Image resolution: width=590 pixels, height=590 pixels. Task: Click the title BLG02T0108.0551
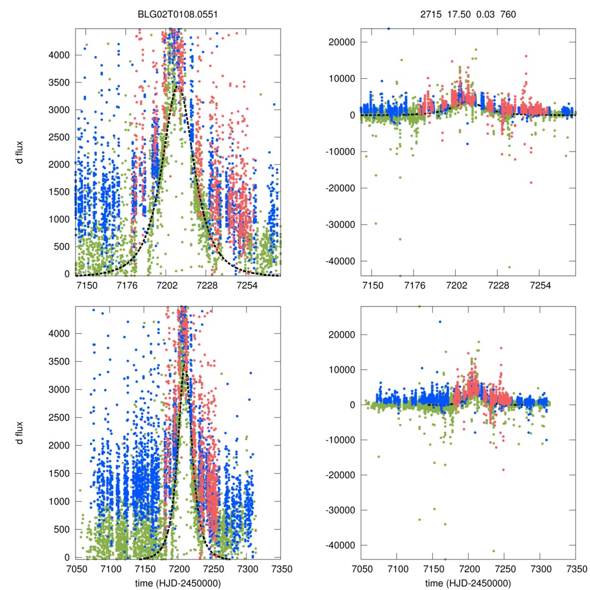click(177, 14)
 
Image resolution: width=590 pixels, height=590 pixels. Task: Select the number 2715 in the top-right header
click(430, 14)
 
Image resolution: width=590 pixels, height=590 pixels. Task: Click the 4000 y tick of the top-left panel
click(58, 55)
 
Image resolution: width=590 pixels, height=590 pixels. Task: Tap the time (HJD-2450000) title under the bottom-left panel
click(177, 582)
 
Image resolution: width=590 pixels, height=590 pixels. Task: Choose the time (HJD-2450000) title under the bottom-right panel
click(468, 582)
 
